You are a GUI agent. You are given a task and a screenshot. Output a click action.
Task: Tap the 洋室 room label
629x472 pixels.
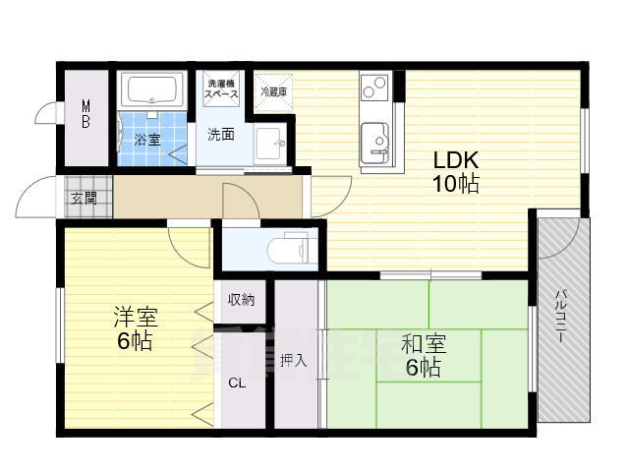coord(134,317)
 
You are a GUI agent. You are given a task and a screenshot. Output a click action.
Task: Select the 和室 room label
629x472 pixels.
coord(424,344)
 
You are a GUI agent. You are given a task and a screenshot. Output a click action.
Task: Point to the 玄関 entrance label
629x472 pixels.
coord(84,198)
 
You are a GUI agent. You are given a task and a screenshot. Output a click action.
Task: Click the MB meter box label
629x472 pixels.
coord(86,114)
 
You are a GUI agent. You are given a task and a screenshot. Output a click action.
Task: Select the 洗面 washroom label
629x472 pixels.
coord(220,135)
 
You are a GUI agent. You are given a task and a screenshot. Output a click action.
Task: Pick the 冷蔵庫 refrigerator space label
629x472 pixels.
coord(273,92)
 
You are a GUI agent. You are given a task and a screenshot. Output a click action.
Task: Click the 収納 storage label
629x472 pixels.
coord(241,300)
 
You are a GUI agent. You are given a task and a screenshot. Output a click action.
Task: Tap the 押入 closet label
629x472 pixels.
coord(294,360)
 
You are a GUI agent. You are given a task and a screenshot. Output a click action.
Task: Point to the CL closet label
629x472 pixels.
coord(237,383)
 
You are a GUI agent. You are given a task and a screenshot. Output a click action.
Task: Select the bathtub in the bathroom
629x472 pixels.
coord(152,93)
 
